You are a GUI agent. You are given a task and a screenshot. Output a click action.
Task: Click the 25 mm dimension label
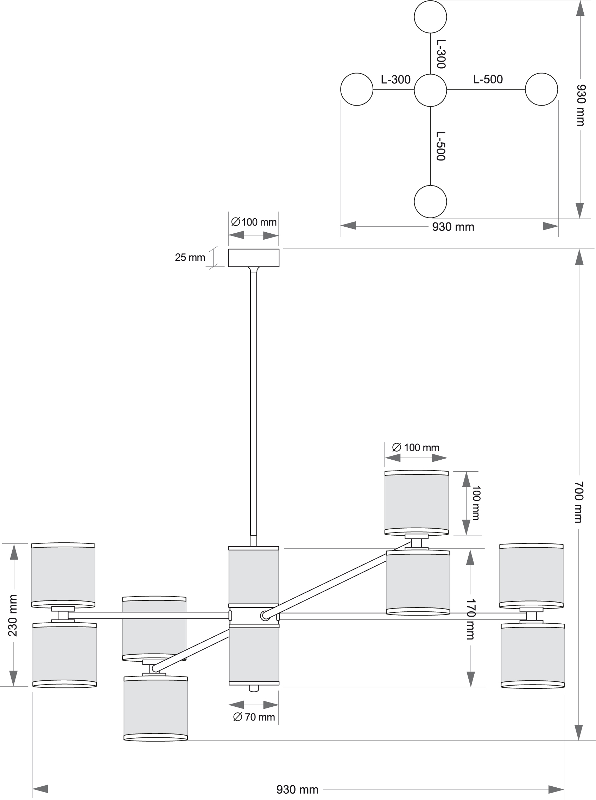[190, 257]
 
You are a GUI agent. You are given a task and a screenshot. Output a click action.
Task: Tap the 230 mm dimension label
[13, 615]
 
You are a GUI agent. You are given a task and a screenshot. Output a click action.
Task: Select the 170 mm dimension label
[470, 619]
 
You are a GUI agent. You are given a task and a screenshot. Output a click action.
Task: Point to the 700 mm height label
[579, 502]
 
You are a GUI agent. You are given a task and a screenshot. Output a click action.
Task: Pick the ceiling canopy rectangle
[254, 258]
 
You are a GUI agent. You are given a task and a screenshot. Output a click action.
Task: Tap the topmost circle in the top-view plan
[430, 17]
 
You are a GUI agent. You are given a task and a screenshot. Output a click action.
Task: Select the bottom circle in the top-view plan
[430, 201]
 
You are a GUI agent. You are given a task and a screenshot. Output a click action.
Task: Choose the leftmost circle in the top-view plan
[357, 89]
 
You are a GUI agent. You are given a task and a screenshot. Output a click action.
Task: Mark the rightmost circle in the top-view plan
[541, 89]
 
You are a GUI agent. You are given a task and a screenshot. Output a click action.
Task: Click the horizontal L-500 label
[488, 80]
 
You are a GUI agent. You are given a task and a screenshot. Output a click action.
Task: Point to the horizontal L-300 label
[396, 80]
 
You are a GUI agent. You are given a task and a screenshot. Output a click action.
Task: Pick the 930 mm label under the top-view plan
[453, 227]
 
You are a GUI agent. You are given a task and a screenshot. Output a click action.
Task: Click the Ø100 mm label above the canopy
[254, 222]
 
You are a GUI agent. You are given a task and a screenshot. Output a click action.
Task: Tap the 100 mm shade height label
[476, 503]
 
